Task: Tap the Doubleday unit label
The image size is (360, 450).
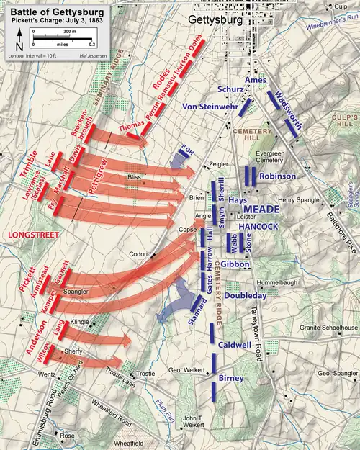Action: [x=246, y=295]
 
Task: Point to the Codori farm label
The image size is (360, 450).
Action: [x=139, y=255]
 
